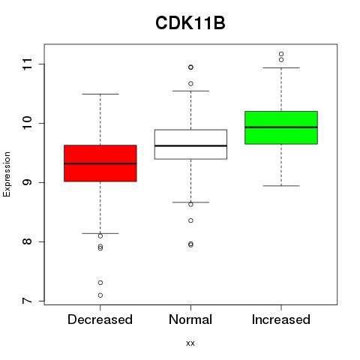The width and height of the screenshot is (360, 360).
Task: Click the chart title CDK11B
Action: [x=190, y=23]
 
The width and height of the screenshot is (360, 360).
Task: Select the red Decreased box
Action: [x=100, y=163]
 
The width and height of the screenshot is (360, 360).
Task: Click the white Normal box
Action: [x=190, y=144]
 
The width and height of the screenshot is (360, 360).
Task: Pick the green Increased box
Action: [x=281, y=127]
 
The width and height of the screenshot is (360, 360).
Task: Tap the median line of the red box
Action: [x=100, y=163]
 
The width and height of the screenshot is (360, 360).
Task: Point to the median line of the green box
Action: [x=281, y=127]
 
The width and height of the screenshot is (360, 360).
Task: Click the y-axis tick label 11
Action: [x=28, y=64]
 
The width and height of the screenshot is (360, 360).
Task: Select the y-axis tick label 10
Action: [x=28, y=123]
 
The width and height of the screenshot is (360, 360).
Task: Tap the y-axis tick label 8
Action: [x=28, y=241]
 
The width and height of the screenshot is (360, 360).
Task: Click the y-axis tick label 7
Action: [x=28, y=301]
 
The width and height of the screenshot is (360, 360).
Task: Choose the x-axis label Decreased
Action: [x=100, y=319]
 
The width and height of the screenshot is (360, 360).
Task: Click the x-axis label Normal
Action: [x=190, y=319]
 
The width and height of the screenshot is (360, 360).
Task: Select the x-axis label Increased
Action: [x=281, y=319]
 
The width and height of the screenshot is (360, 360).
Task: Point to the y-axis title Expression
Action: [x=7, y=174]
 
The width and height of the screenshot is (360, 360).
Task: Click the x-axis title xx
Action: [x=190, y=343]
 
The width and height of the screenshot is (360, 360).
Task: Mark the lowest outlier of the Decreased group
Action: [x=100, y=295]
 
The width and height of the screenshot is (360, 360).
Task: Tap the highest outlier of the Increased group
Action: [x=281, y=54]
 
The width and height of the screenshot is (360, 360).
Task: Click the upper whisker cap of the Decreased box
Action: [x=100, y=94]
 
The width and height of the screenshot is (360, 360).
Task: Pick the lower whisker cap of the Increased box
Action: [x=281, y=186]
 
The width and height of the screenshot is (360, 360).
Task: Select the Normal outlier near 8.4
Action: [x=190, y=220]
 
